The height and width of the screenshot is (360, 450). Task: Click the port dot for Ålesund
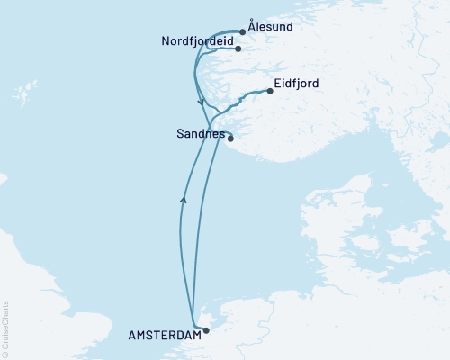(x=243, y=31)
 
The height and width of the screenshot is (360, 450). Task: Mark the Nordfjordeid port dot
(x=238, y=49)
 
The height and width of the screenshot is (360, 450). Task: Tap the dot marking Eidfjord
(x=270, y=91)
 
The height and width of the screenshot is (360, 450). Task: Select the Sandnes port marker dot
(x=230, y=138)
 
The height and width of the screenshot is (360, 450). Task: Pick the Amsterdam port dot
(x=206, y=330)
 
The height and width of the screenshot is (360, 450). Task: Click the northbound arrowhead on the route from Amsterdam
(x=183, y=200)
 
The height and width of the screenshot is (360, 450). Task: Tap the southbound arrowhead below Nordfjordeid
(x=200, y=102)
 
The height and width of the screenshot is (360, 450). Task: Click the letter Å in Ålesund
(x=251, y=28)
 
